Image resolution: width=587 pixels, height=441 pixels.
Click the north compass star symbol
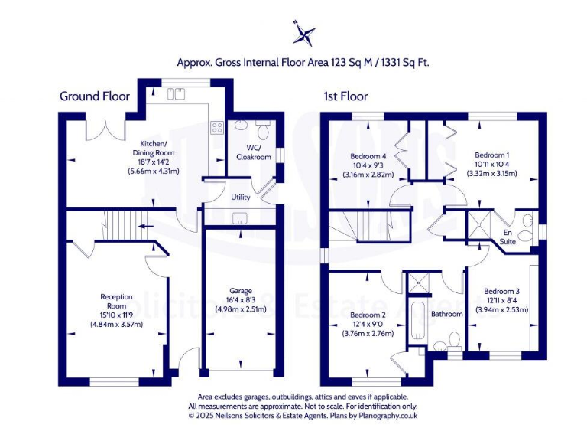[x=303, y=34]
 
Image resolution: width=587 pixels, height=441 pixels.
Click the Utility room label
[x=241, y=198]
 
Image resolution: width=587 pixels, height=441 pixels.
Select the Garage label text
[x=241, y=290]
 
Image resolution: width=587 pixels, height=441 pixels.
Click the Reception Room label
[x=117, y=301]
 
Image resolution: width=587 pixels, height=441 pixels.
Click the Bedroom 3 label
[x=501, y=291]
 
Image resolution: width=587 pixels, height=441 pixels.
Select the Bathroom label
[x=446, y=314]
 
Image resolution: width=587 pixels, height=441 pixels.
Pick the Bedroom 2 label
[x=368, y=315]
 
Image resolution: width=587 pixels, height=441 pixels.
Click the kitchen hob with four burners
[x=217, y=128]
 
